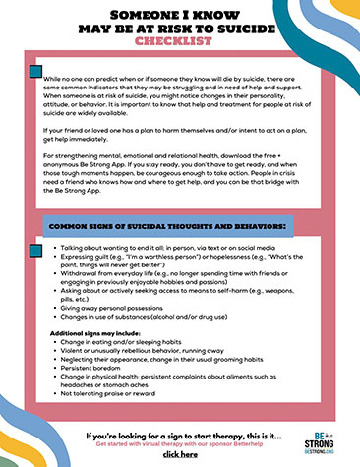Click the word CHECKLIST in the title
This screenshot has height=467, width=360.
pyautogui.click(x=179, y=43)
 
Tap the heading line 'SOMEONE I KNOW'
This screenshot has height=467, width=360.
pyautogui.click(x=179, y=16)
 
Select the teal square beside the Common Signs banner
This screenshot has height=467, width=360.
pyautogui.click(x=36, y=227)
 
